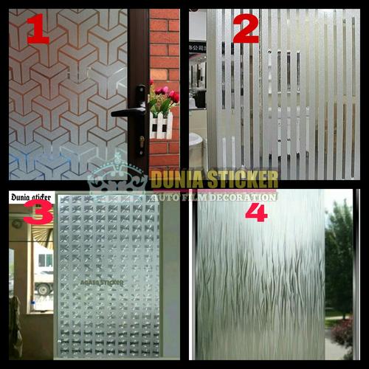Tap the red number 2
pos(246,27)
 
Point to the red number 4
pos(256,212)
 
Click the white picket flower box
pos(162,125)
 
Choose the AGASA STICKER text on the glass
pos(102,281)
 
